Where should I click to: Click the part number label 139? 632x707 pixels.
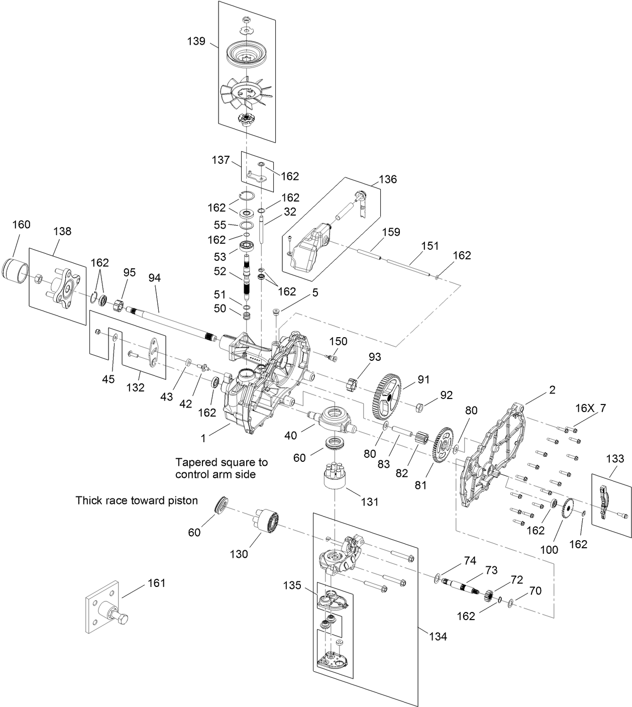[x=196, y=41]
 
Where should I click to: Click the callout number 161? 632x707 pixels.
[x=156, y=583]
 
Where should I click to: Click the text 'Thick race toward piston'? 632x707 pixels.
[x=137, y=500]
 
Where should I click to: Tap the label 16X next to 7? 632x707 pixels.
[x=583, y=409]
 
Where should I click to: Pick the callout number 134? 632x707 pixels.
[x=438, y=636]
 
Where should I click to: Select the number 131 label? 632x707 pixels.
[x=370, y=501]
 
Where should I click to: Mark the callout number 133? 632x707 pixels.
[x=615, y=458]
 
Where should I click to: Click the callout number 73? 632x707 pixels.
[x=491, y=570]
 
